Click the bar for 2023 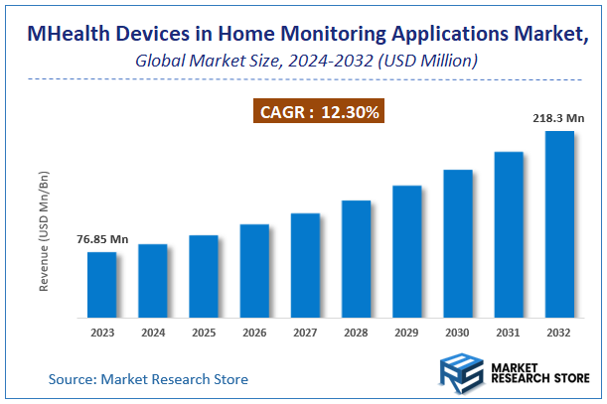101,285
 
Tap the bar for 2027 305,265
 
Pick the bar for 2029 406,251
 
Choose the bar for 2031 508,234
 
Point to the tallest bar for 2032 559,224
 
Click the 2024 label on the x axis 152,334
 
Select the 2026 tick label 254,334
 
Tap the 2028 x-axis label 356,334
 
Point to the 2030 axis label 457,334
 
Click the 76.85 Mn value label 102,239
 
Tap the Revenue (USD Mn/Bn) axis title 44,230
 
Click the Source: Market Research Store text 148,379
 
